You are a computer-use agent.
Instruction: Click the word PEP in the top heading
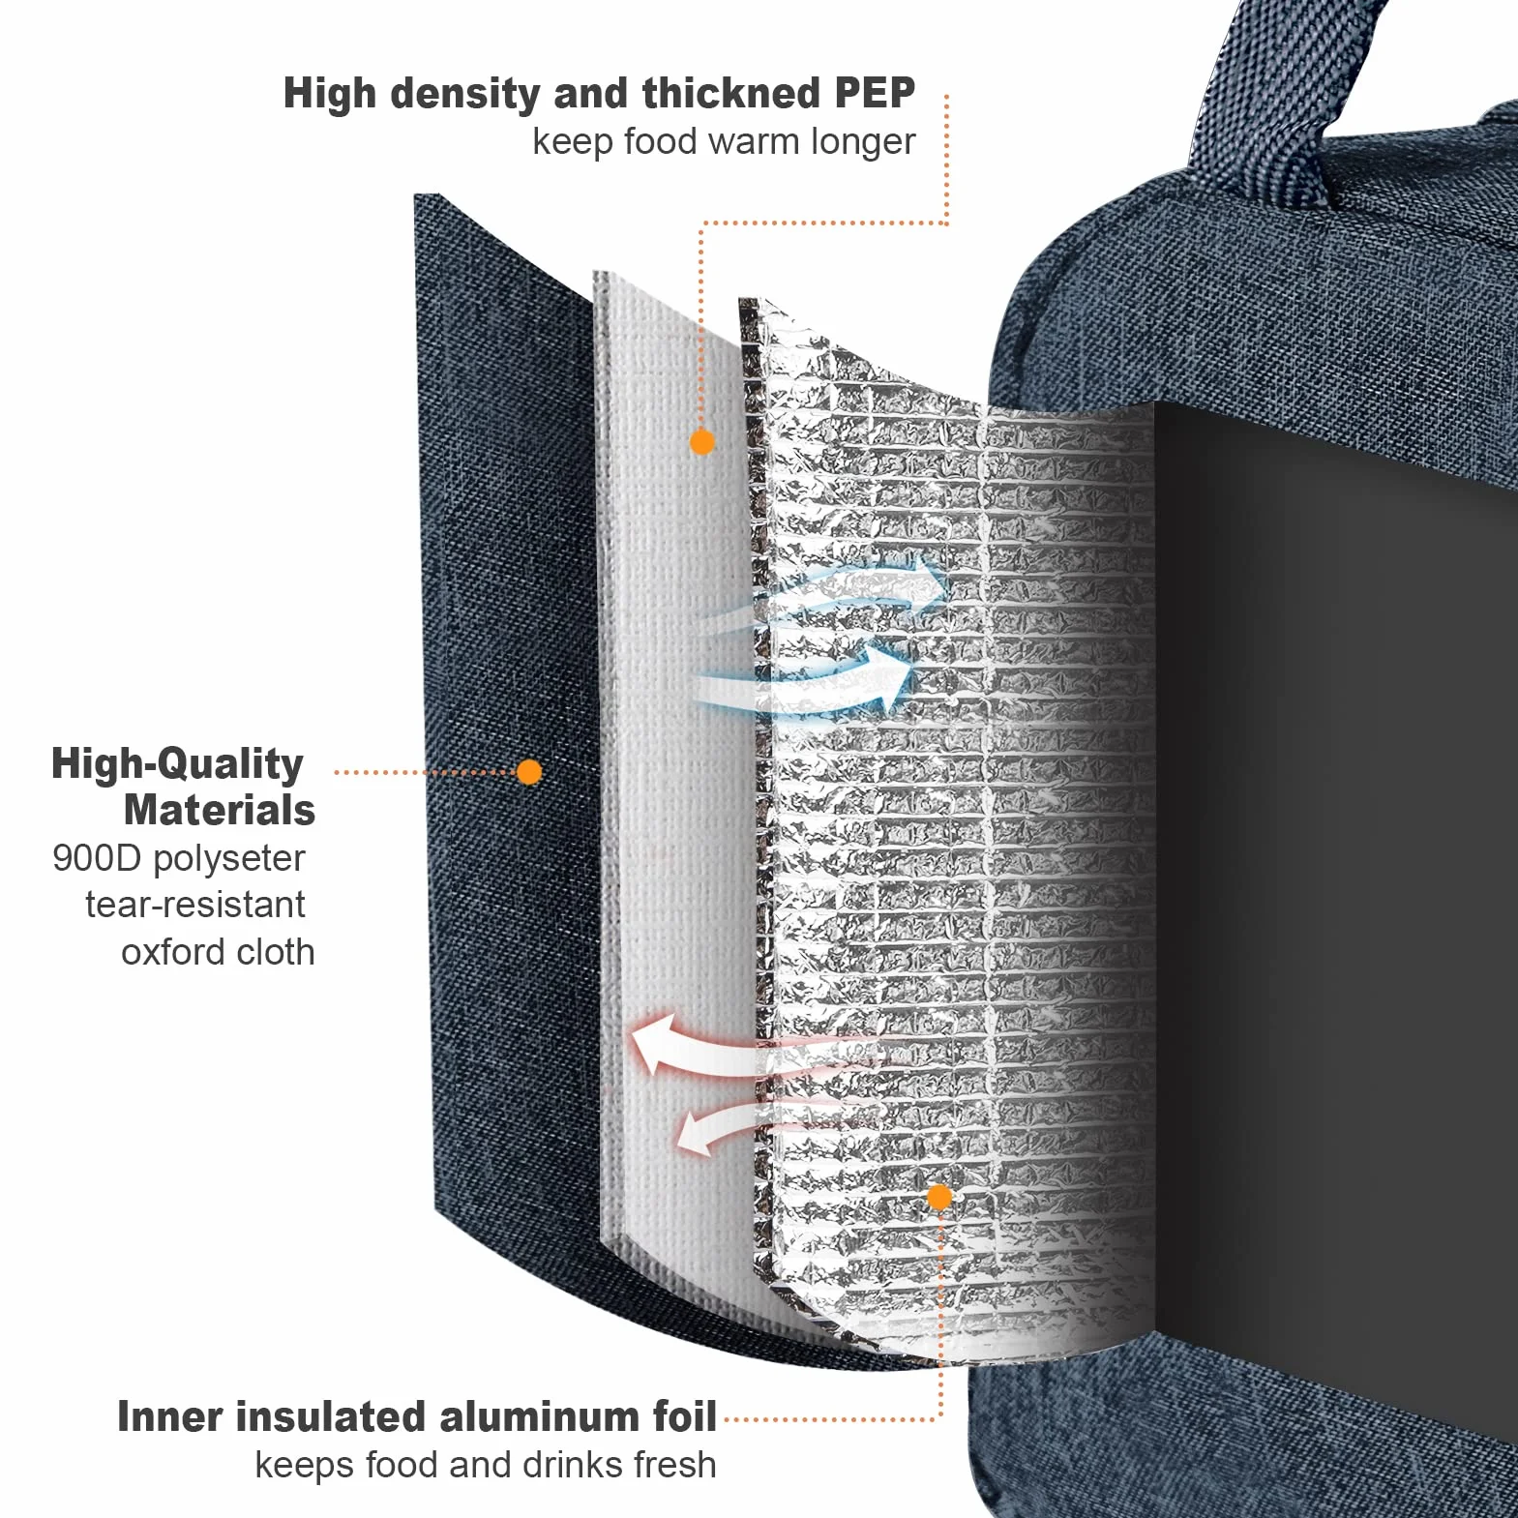pos(874,94)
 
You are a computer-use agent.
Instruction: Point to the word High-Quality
pos(177,764)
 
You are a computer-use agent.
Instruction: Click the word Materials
pos(220,810)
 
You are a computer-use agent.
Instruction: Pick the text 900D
pos(97,858)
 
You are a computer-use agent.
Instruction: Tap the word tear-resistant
pos(195,905)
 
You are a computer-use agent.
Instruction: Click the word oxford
pos(173,952)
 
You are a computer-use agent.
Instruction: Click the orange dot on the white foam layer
pos(701,442)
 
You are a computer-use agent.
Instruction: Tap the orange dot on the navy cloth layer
pos(529,771)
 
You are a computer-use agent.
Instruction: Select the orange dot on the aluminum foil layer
pos(939,1198)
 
